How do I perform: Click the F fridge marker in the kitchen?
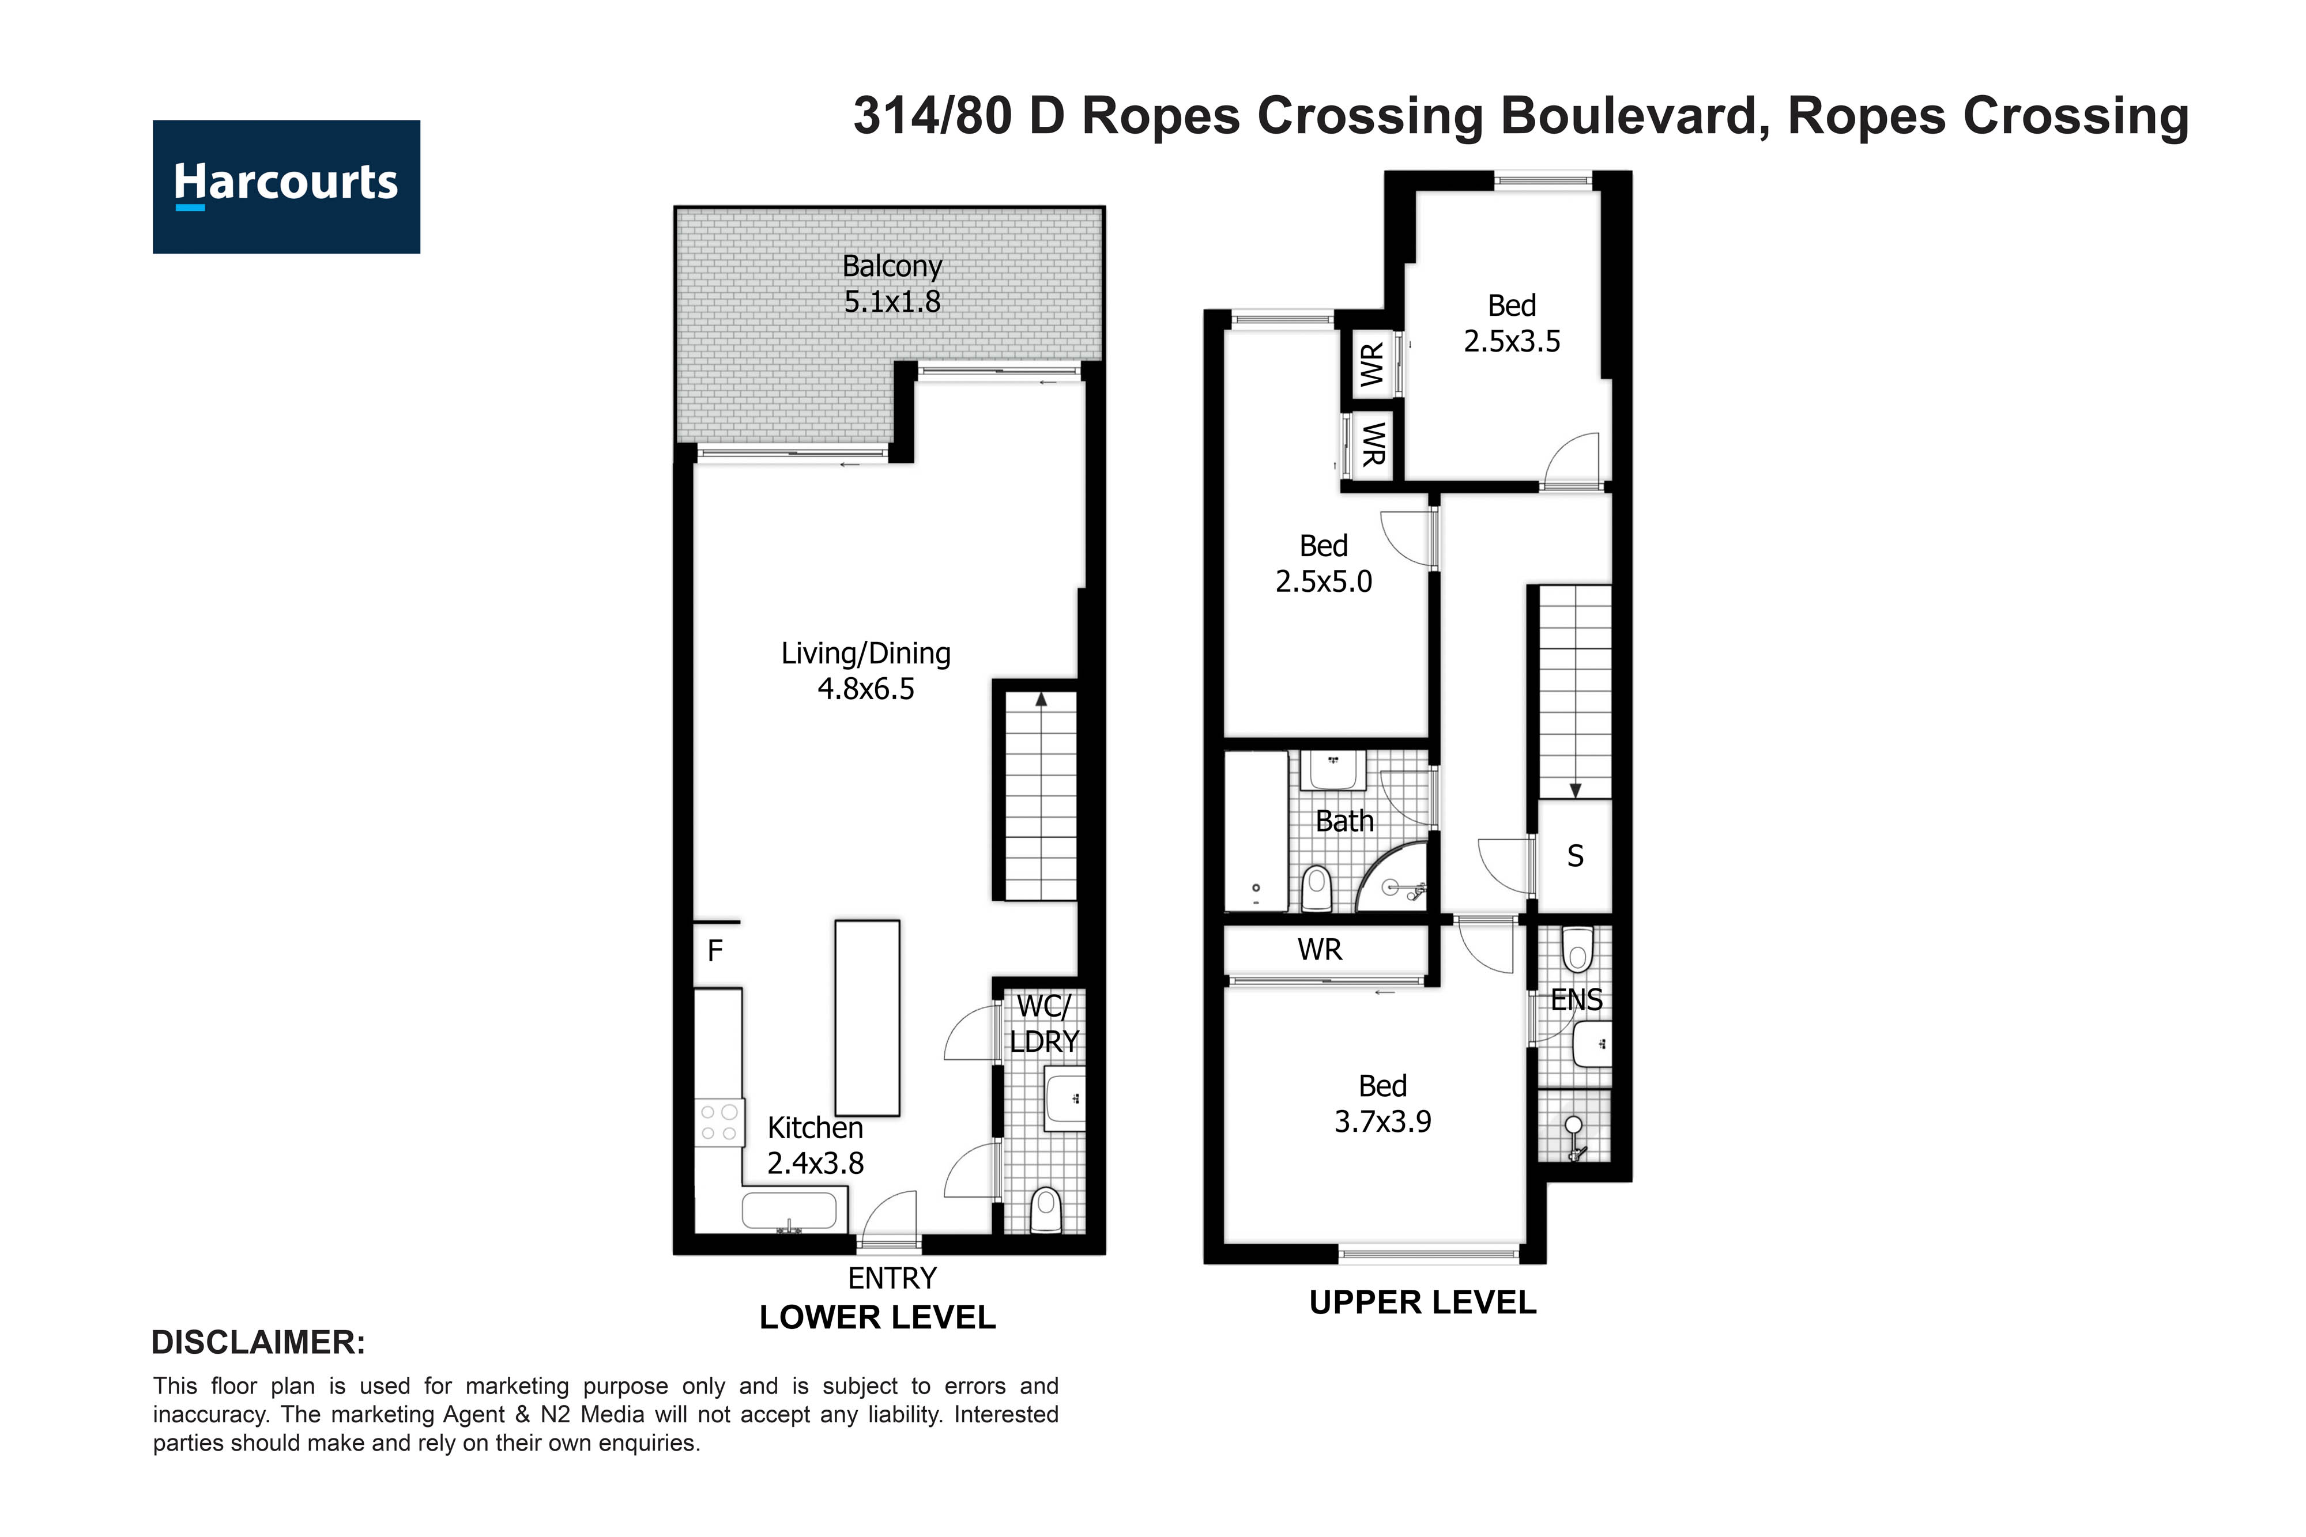click(715, 950)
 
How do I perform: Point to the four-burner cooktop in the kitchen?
click(719, 1123)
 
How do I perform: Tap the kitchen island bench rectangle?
click(866, 1018)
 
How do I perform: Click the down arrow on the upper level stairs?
click(1574, 790)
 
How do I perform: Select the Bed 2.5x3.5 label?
click(1511, 323)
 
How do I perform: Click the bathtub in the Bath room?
click(1256, 831)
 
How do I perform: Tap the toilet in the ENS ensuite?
click(1577, 948)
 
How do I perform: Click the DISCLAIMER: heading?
click(258, 1342)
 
